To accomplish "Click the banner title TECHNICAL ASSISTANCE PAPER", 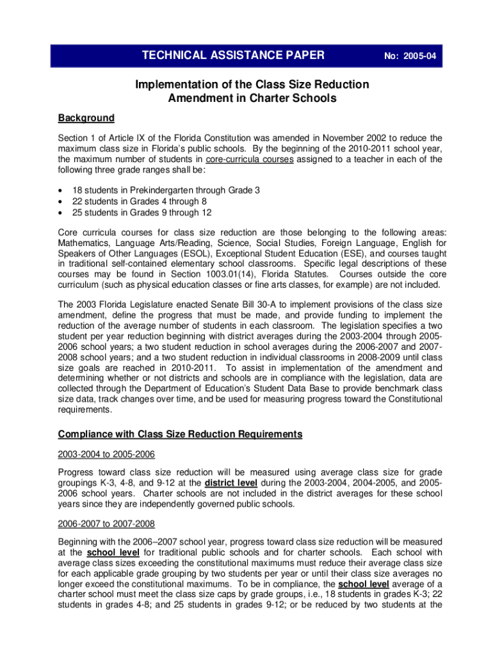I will click(x=233, y=56).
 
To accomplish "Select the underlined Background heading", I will click(x=86, y=118).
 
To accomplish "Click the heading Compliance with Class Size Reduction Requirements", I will click(x=180, y=434).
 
